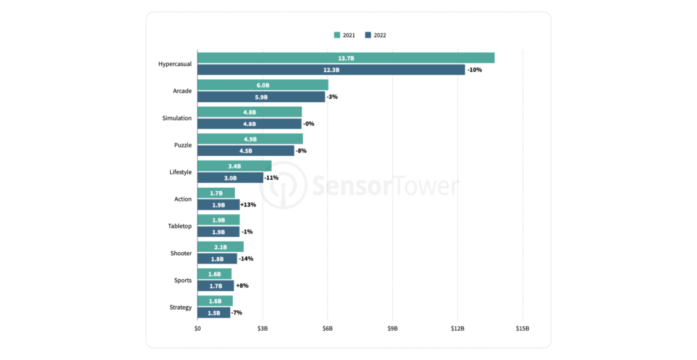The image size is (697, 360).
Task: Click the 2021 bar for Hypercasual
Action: pyautogui.click(x=346, y=58)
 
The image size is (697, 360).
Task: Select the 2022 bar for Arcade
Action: pyautogui.click(x=261, y=97)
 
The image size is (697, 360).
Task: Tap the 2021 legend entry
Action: pyautogui.click(x=344, y=35)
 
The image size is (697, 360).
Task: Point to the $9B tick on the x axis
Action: pyautogui.click(x=393, y=328)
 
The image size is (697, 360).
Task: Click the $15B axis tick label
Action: pyautogui.click(x=522, y=328)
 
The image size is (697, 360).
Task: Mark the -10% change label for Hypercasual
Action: pyautogui.click(x=474, y=70)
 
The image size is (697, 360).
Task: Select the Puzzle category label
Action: pyautogui.click(x=182, y=145)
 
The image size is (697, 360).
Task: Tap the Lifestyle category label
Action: pyautogui.click(x=180, y=172)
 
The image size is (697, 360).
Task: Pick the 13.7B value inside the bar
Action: pyautogui.click(x=346, y=59)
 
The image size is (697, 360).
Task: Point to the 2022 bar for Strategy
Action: pyautogui.click(x=214, y=312)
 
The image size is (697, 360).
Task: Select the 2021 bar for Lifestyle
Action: pyautogui.click(x=234, y=166)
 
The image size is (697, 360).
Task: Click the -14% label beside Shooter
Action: pyautogui.click(x=246, y=259)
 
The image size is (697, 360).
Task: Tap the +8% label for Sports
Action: pyautogui.click(x=242, y=286)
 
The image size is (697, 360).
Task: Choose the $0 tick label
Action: pyautogui.click(x=197, y=328)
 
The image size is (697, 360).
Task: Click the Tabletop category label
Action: pyautogui.click(x=180, y=226)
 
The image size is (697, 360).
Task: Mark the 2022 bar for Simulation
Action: pyautogui.click(x=249, y=124)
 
